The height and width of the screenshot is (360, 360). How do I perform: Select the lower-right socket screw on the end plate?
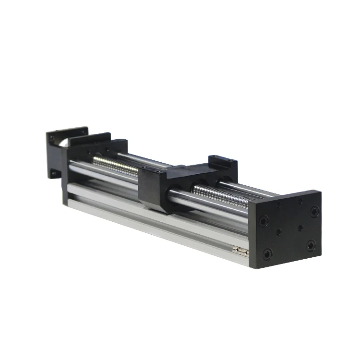pyautogui.click(x=311, y=246)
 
